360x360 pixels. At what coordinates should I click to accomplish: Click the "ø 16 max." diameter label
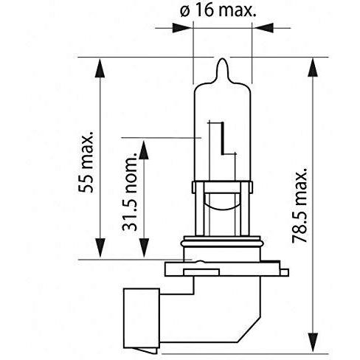pos(218,11)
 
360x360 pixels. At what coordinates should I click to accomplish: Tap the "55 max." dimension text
pos(86,162)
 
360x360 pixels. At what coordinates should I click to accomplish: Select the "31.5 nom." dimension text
pos(129,192)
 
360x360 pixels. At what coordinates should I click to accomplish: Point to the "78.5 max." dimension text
pos(300,205)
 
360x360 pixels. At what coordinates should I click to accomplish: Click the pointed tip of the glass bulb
pos(222,59)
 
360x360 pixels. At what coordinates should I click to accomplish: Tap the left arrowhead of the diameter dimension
pos(182,28)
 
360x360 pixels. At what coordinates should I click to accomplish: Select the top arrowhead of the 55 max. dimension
pos(100,68)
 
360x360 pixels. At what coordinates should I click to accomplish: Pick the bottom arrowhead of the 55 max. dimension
pos(100,248)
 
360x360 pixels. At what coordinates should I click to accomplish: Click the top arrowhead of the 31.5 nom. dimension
pos(144,150)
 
